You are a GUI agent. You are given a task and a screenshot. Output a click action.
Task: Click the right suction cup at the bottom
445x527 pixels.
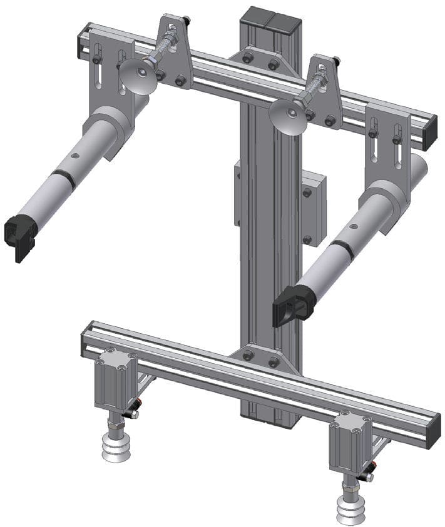(x=350, y=505)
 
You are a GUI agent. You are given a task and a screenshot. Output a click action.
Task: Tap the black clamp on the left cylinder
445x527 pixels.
(x=21, y=237)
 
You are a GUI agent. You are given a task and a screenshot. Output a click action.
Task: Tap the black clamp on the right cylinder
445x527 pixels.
(x=294, y=304)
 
